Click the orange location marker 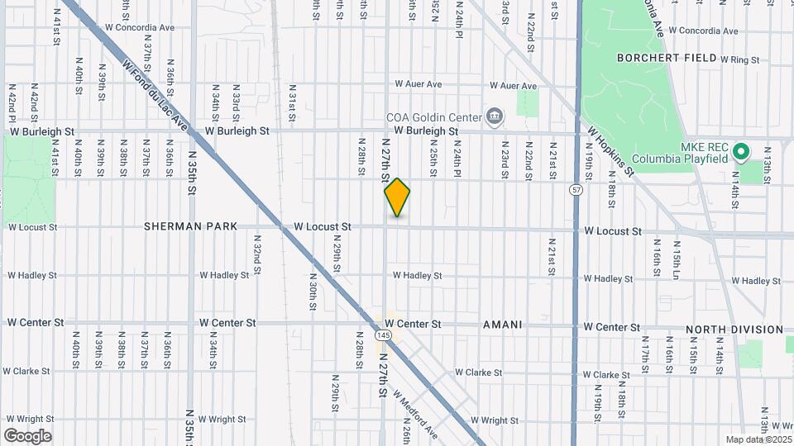click(x=398, y=197)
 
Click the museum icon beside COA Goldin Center click(x=495, y=116)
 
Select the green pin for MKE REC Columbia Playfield click(x=741, y=151)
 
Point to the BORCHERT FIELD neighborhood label click(x=665, y=58)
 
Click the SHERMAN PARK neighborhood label click(x=191, y=226)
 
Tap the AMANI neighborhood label click(x=503, y=325)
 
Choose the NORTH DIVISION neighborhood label click(x=734, y=330)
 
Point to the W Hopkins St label click(x=611, y=151)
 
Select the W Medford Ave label click(x=415, y=415)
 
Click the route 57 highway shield click(x=576, y=190)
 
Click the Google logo click(x=27, y=436)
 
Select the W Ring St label click(x=739, y=59)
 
